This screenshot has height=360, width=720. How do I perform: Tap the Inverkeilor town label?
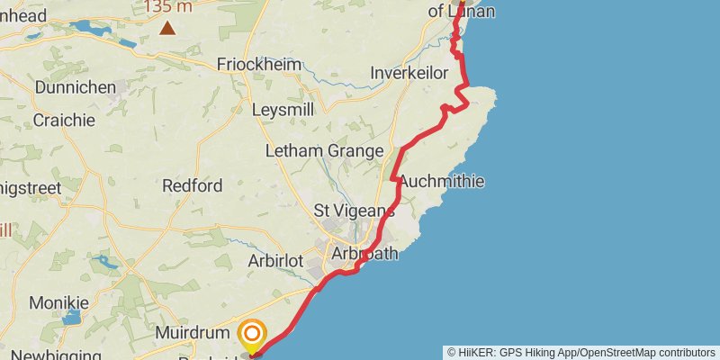(x=409, y=73)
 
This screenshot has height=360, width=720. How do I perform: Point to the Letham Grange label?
(x=324, y=151)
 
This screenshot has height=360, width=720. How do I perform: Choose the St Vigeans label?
(x=354, y=211)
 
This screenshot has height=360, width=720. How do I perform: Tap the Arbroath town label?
(x=364, y=254)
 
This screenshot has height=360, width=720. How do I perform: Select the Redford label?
(x=192, y=186)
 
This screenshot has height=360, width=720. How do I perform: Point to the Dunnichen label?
(x=76, y=88)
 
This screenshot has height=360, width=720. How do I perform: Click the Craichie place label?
(x=64, y=120)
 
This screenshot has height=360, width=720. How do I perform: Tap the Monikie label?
(x=59, y=302)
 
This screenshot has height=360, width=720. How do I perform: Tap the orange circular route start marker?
(x=253, y=335)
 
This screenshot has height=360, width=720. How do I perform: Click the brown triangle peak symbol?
(x=167, y=29)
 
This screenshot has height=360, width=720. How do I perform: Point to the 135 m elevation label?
(x=168, y=7)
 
